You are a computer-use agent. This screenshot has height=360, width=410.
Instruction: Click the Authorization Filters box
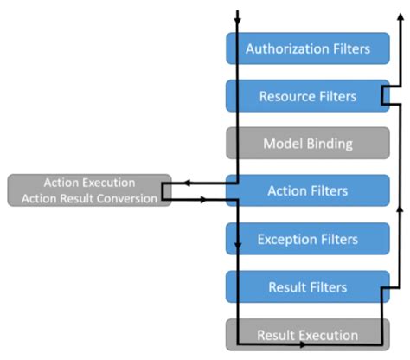[x=307, y=48]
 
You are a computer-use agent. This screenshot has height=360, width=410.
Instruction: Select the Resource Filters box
[x=307, y=96]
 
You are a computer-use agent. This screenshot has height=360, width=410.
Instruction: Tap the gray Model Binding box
[x=307, y=144]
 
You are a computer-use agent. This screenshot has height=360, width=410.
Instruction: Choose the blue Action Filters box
[x=307, y=190]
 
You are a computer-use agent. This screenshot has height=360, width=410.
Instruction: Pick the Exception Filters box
[x=307, y=238]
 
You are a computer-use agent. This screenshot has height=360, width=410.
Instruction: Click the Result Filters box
[x=307, y=286]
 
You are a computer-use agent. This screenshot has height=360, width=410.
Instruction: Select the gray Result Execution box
[x=307, y=334]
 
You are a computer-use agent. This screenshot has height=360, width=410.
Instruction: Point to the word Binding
[x=331, y=144]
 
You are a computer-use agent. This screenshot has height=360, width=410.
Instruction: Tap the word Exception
[x=289, y=238]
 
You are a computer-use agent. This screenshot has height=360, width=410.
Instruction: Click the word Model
[x=283, y=144]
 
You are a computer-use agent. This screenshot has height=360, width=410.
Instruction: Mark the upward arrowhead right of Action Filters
[x=400, y=209]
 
